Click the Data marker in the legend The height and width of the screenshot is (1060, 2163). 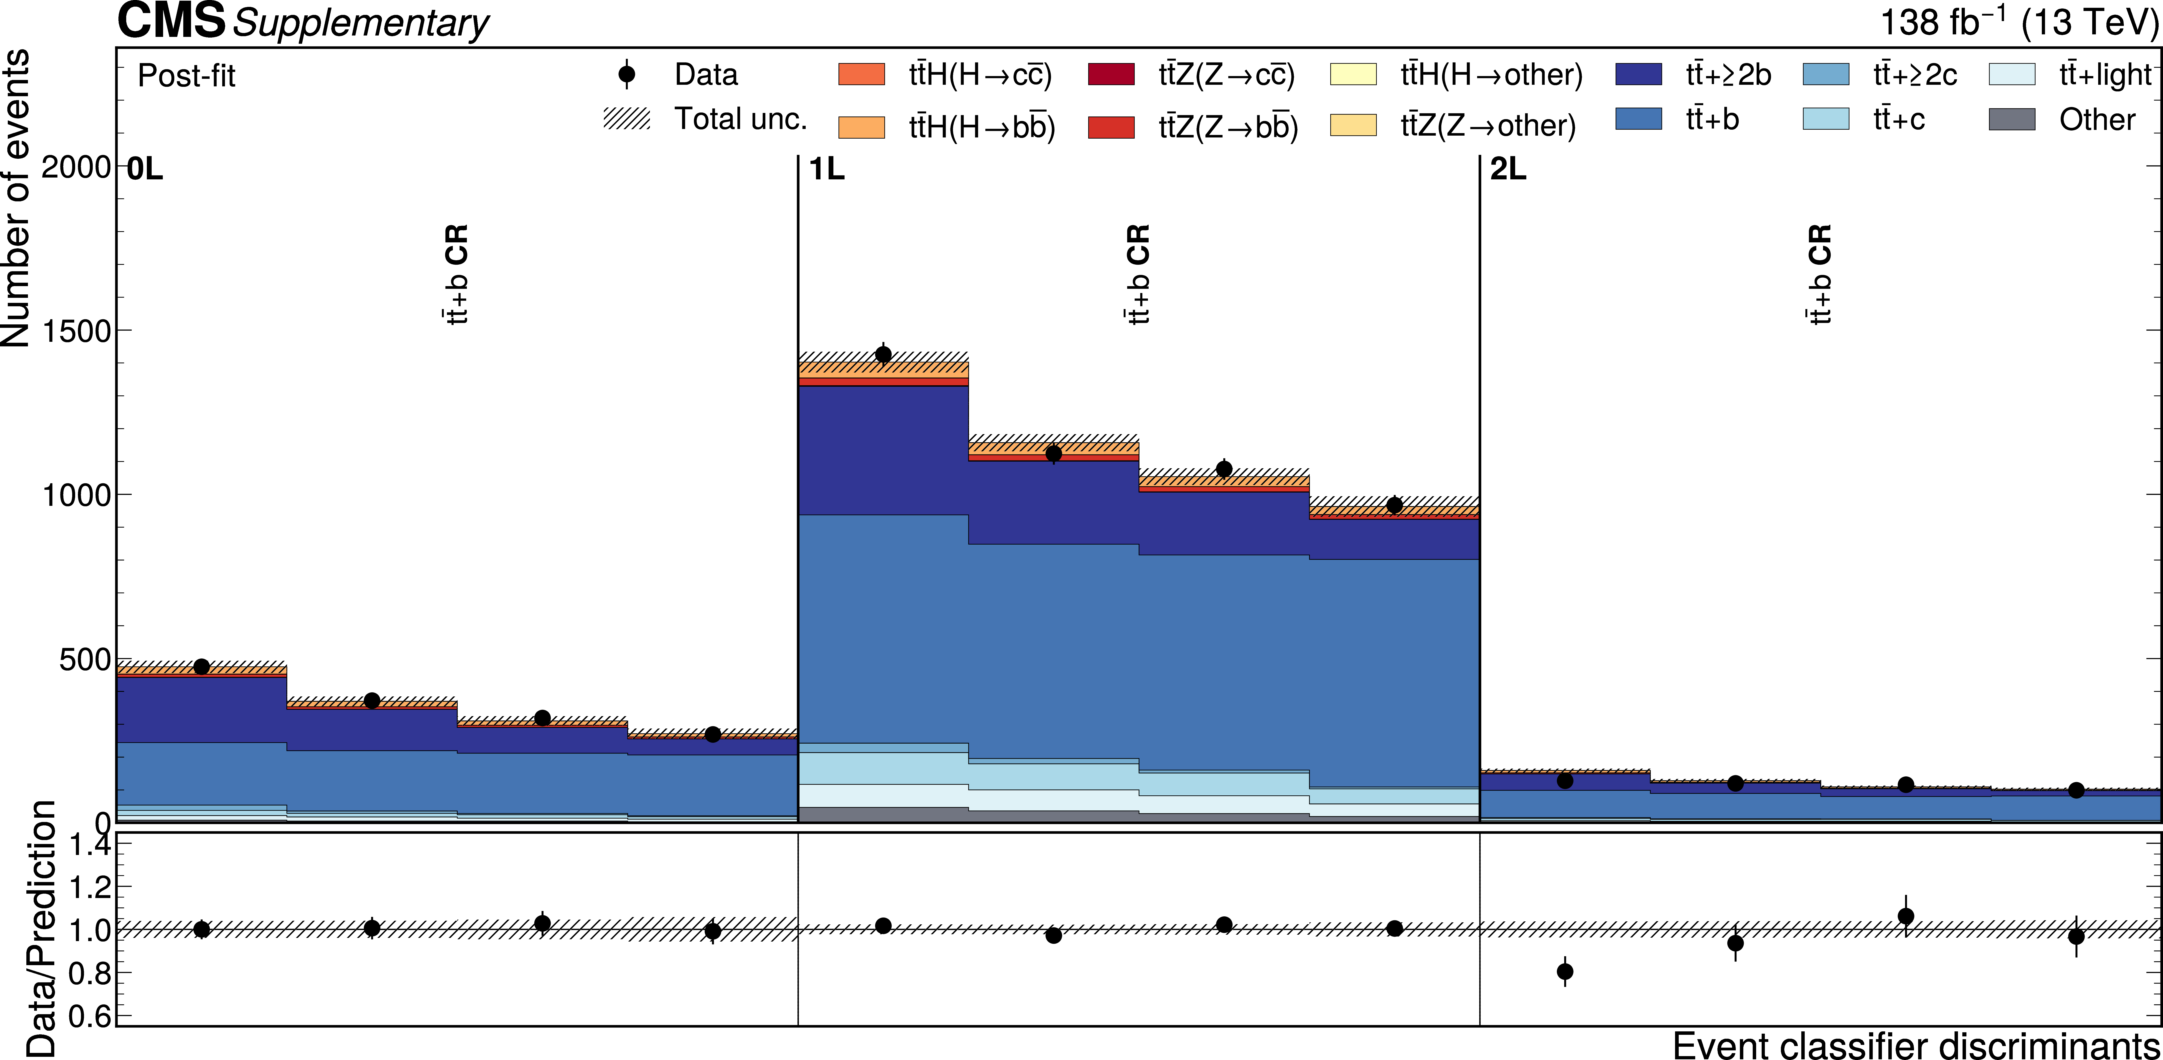(626, 75)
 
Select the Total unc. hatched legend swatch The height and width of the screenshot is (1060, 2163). (626, 119)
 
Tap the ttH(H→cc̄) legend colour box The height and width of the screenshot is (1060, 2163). (862, 75)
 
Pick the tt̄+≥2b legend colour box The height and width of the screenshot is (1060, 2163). (1638, 75)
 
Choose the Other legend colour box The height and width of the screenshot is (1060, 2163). (2012, 119)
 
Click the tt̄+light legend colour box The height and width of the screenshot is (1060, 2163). (2012, 75)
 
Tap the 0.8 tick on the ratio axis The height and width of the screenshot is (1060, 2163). (88, 973)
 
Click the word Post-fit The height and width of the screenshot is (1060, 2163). (186, 77)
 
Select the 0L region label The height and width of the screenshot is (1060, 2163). (144, 170)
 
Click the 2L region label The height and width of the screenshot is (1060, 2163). (1508, 170)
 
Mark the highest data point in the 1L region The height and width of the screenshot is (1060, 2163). (883, 354)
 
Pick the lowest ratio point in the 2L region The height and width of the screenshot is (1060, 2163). (1565, 972)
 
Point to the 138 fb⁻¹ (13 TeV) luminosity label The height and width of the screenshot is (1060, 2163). (2019, 23)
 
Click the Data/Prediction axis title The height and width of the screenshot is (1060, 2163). (40, 928)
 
